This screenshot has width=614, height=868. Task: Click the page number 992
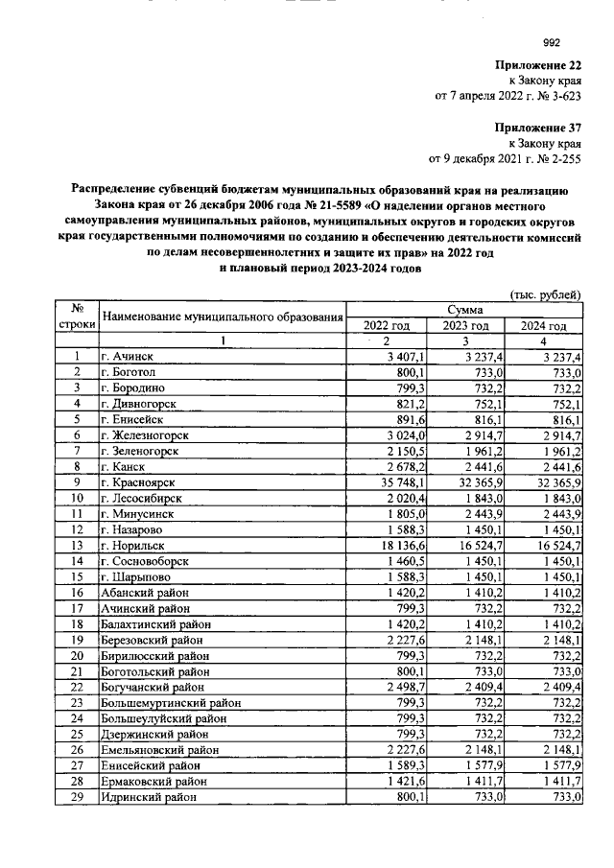coord(552,41)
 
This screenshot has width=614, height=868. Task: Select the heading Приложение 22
coord(539,65)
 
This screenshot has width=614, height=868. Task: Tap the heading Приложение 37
coord(539,127)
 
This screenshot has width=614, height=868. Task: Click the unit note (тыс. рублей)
coord(544,293)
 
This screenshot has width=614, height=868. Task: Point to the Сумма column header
coord(464,310)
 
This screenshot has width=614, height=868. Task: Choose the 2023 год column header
coord(464,326)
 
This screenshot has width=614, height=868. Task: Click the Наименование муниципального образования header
coord(223,317)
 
